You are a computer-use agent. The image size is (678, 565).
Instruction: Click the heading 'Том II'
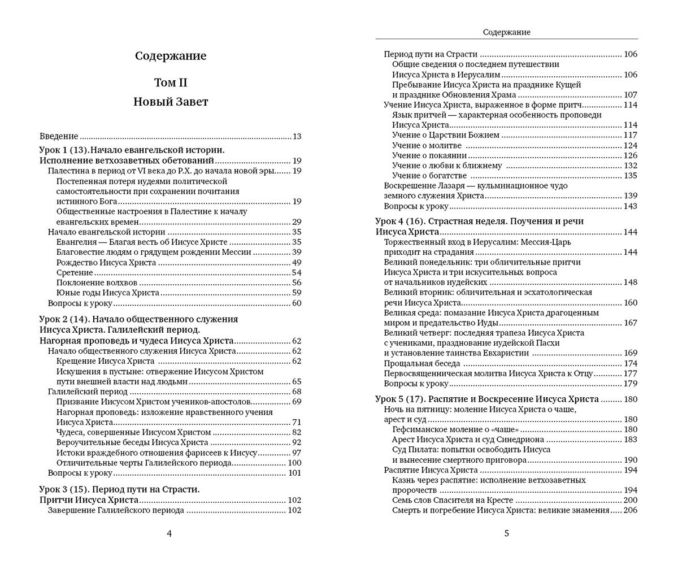point(171,82)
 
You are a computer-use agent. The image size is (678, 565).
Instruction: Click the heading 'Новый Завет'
point(171,102)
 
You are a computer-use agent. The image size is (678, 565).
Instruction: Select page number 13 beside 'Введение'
point(297,136)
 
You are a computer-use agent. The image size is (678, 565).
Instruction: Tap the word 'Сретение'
point(75,272)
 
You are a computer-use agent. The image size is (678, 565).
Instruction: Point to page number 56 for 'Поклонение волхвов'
point(297,282)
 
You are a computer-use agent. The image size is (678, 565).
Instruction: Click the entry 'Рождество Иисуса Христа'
point(106,262)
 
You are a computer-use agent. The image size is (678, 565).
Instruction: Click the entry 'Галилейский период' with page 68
point(88,392)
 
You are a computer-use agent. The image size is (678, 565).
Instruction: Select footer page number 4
point(169,533)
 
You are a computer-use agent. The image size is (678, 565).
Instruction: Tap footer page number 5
point(506,533)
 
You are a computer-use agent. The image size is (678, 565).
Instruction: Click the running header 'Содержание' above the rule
point(506,32)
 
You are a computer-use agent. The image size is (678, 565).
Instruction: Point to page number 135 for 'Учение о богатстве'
point(630,176)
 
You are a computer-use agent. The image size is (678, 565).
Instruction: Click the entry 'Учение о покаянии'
point(429,155)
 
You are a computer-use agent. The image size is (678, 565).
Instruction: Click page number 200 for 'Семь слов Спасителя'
point(630,500)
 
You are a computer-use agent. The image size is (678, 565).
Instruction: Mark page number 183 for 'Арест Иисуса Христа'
point(630,440)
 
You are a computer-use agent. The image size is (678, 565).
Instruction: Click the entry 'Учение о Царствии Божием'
point(446,135)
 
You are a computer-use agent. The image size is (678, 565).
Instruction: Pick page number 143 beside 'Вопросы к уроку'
point(630,206)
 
